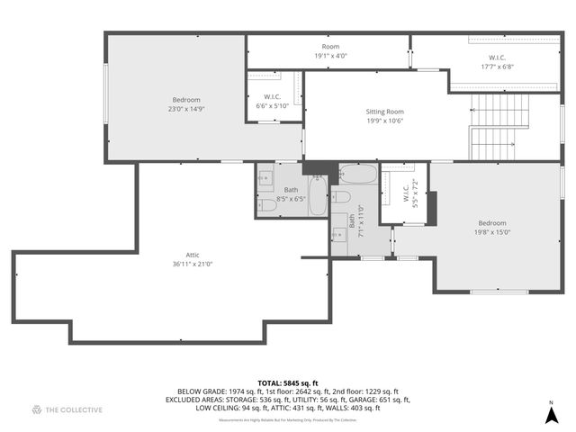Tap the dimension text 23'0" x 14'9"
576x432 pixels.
[x=186, y=108]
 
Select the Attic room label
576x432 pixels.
[x=186, y=256]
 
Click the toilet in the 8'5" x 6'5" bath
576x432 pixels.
[x=268, y=205]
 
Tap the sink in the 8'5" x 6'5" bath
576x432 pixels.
[x=266, y=178]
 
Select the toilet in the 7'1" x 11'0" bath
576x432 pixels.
[x=342, y=196]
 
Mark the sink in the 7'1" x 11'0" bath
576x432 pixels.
[x=339, y=235]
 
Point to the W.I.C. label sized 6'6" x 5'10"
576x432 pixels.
[x=274, y=96]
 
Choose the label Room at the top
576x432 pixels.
[x=330, y=46]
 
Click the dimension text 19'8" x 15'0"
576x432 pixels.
[x=492, y=231]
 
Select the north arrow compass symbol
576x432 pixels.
[x=551, y=414]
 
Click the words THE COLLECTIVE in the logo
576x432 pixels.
[x=74, y=410]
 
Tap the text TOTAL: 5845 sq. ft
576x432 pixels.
[x=287, y=382]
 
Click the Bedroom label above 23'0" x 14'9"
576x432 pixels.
[x=186, y=99]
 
